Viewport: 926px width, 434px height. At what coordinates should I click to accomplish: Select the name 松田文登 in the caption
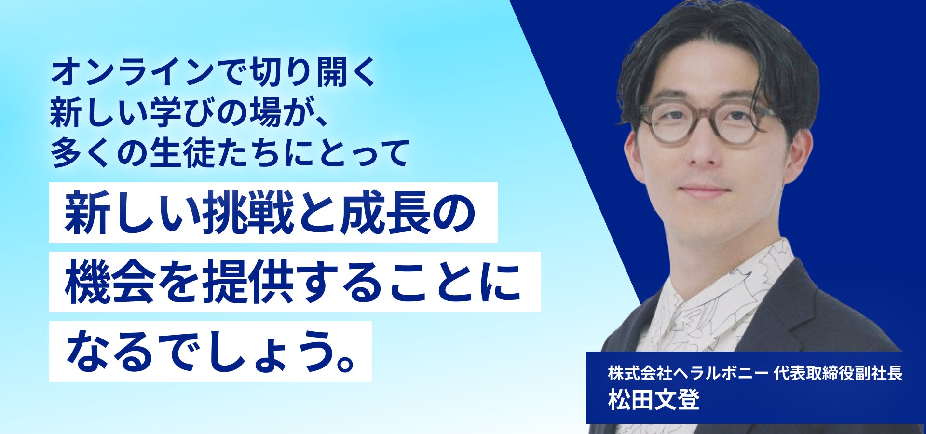tap(654, 400)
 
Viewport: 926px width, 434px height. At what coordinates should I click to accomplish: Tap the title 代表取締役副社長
tap(838, 373)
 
